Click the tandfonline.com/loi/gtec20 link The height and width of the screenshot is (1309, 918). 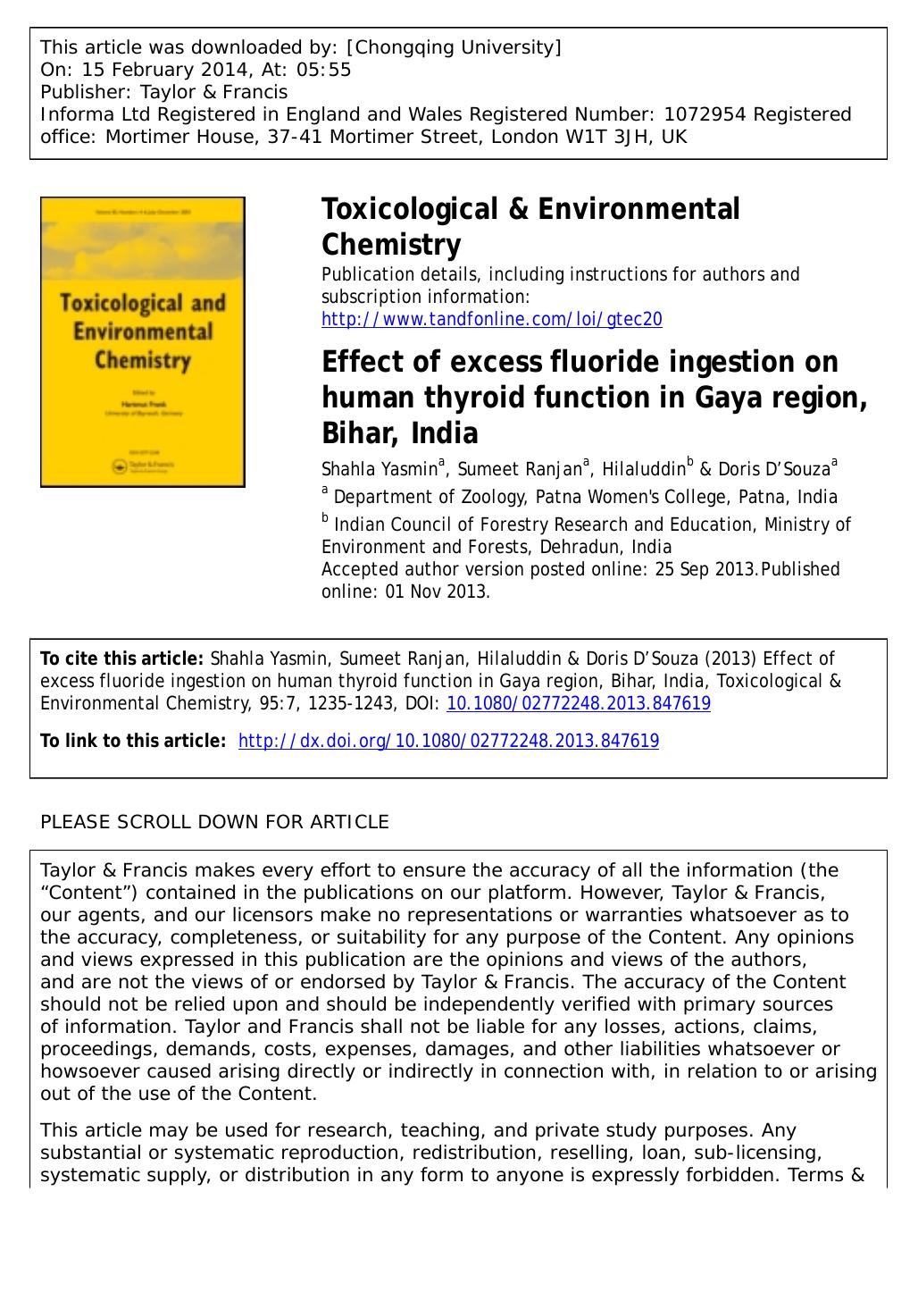(x=492, y=320)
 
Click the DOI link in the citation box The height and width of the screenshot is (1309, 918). (x=578, y=704)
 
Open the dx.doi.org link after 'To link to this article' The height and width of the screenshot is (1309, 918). (x=449, y=741)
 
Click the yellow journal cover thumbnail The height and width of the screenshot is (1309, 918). (x=143, y=341)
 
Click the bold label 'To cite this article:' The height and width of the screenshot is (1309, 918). (x=122, y=659)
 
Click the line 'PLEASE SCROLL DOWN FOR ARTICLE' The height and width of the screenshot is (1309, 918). (x=214, y=822)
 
